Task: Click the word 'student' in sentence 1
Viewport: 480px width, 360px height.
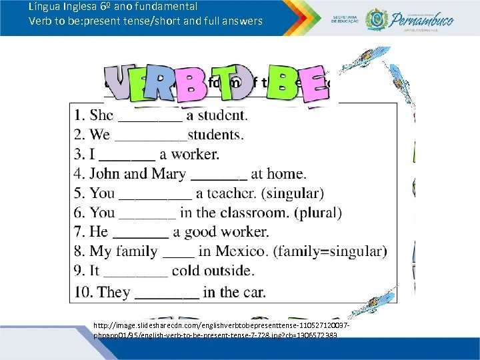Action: [221, 115]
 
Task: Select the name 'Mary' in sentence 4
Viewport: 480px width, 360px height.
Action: [169, 174]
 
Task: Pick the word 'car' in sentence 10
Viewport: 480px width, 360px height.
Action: [253, 292]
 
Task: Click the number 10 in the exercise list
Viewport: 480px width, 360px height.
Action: [84, 292]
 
